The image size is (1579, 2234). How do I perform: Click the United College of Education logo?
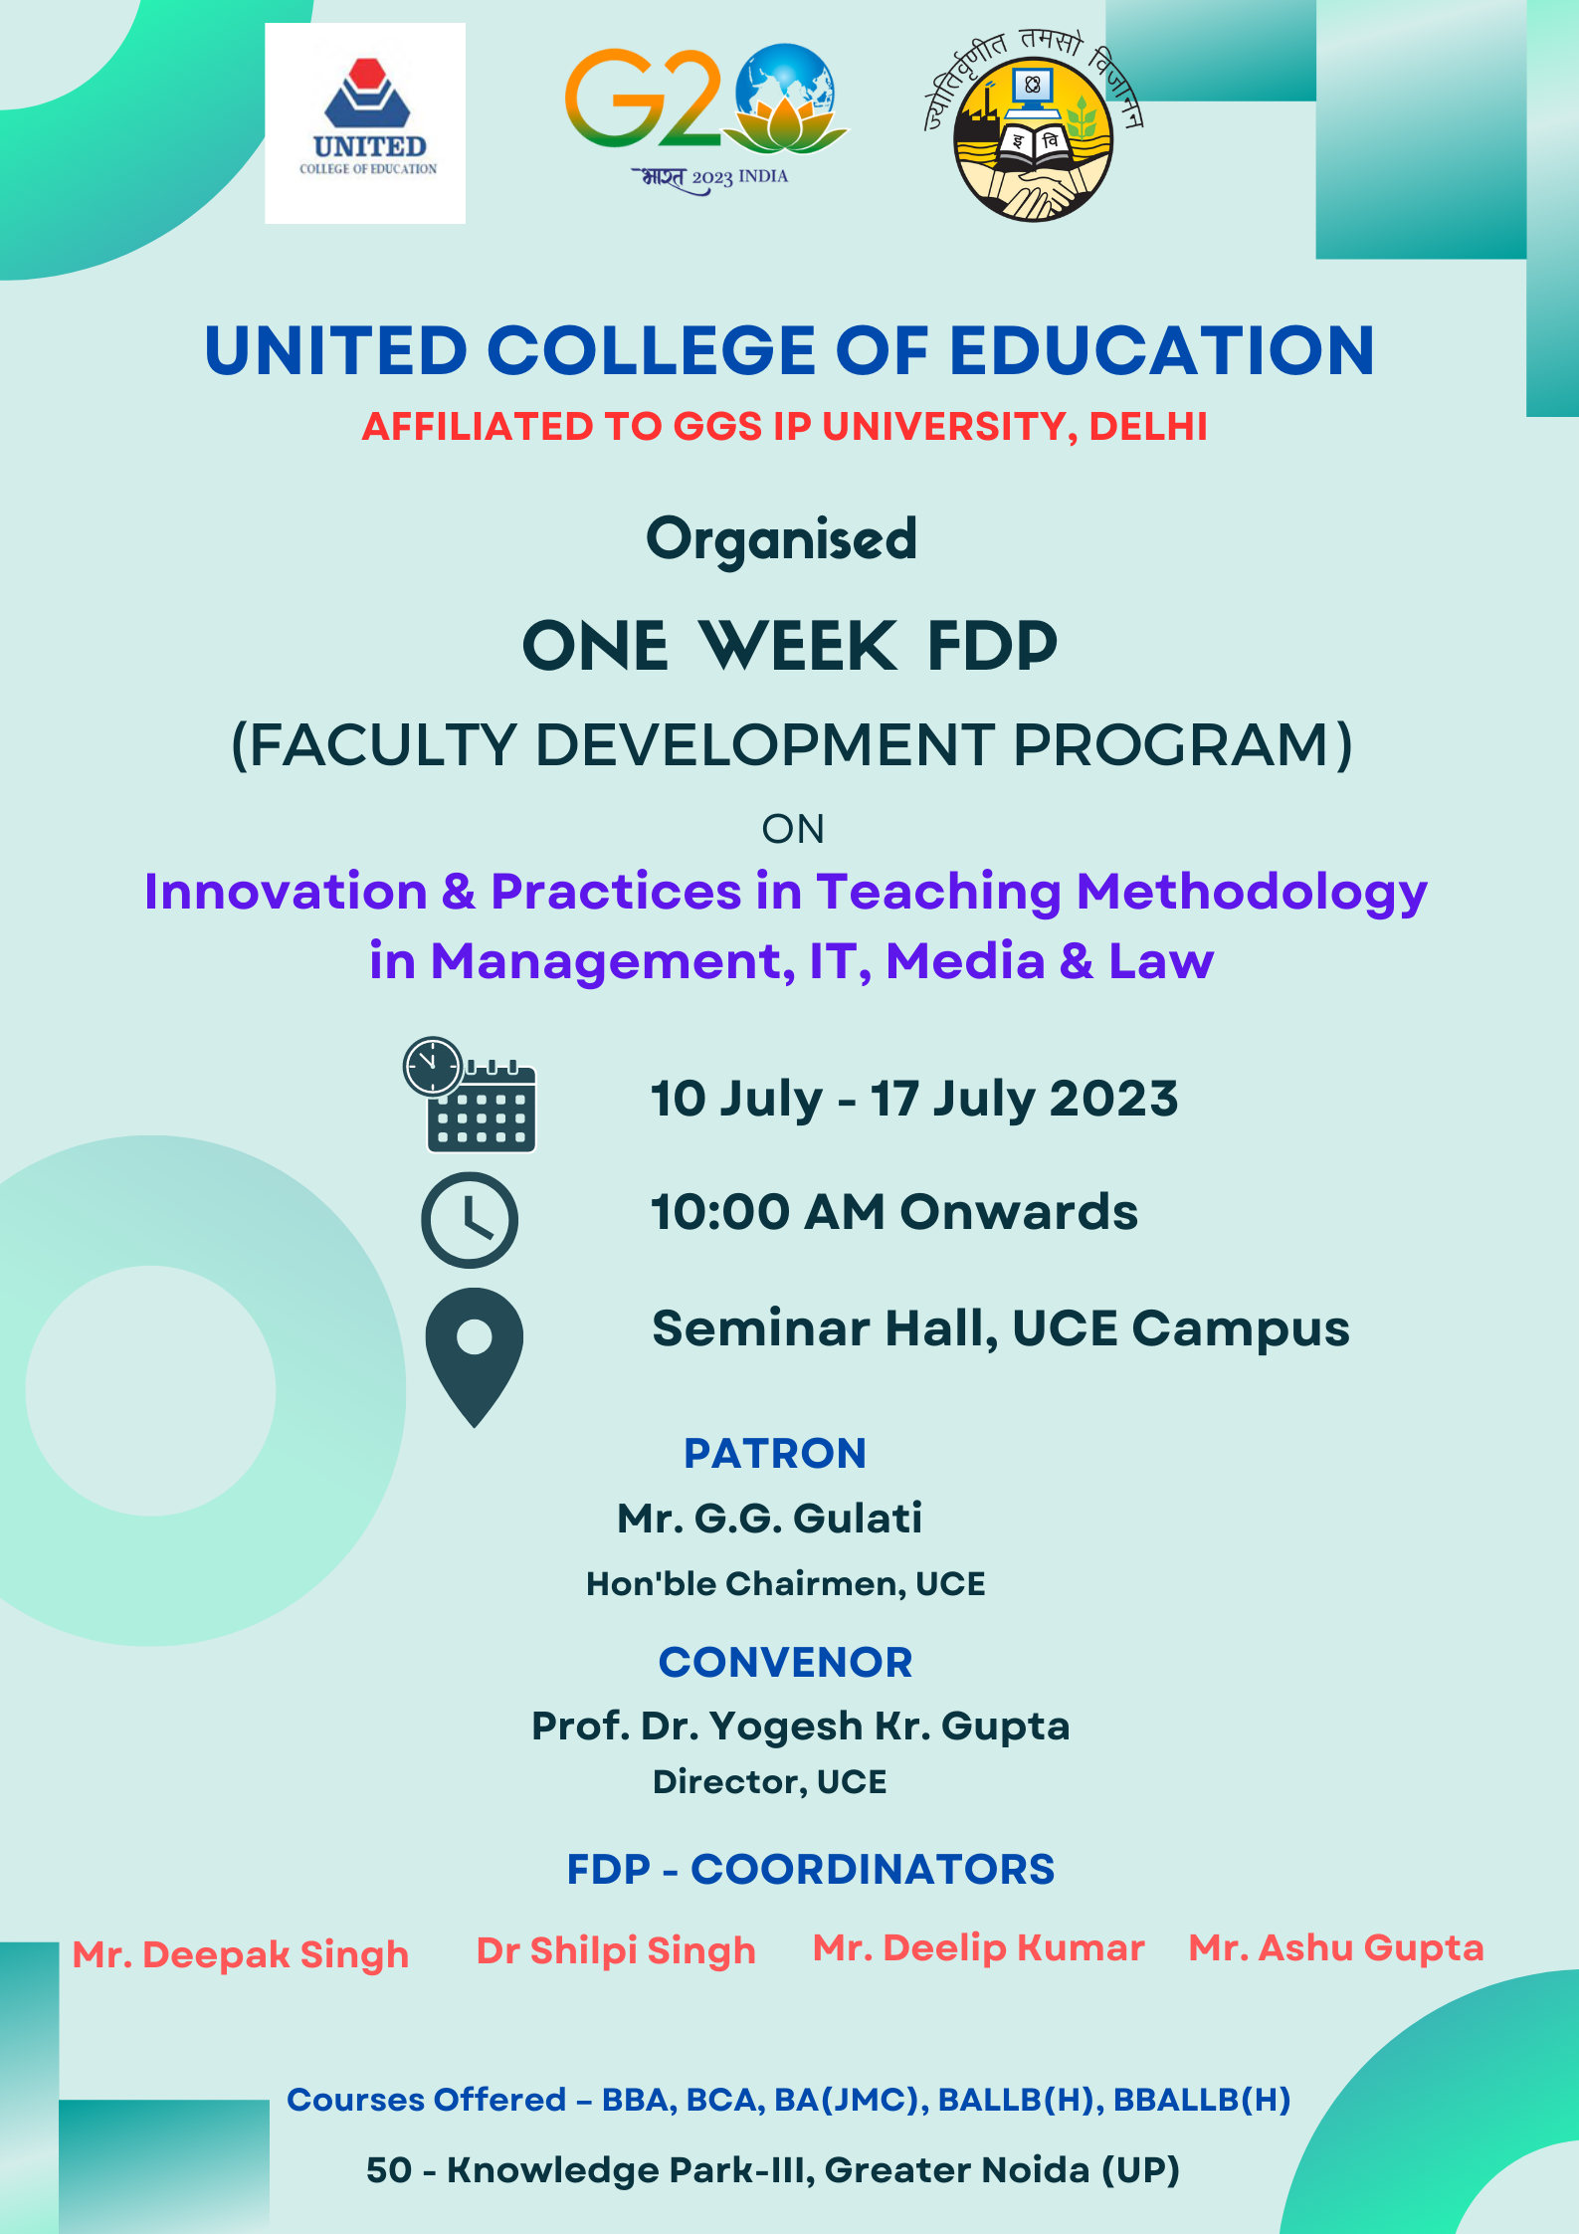pos(365,122)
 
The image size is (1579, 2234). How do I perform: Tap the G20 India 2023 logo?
pos(705,118)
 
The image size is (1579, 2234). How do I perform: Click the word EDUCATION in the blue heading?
pos(1162,351)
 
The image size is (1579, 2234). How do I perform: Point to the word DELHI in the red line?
pos(1148,426)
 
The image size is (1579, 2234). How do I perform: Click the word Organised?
pos(782,540)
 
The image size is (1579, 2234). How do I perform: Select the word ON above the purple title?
pos(793,829)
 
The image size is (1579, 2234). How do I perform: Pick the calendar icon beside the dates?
pos(471,1095)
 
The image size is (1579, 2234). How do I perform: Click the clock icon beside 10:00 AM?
pos(470,1220)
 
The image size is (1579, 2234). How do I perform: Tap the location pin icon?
pos(475,1357)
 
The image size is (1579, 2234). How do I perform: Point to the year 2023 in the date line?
pos(1114,1100)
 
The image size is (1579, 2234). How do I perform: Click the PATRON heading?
pos(775,1454)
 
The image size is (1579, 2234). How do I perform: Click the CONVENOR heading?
pos(785,1663)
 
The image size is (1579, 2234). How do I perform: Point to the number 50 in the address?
pos(389,2170)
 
